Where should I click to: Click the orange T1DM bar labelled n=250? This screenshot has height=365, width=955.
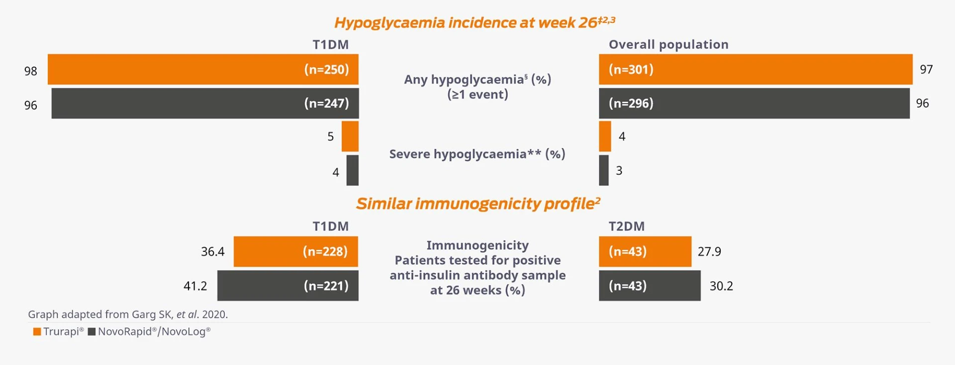203,69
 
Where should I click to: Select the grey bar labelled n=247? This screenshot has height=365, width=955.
205,103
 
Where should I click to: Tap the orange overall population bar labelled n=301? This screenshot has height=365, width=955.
756,69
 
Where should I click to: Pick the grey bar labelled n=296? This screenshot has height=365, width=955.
754,103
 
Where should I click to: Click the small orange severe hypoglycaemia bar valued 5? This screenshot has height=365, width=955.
350,137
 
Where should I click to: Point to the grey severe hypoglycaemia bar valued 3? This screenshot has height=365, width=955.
604,170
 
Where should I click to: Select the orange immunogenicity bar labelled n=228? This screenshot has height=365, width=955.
296,252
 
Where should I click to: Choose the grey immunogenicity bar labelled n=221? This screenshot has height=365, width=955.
288,286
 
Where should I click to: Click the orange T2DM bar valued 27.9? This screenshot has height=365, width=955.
645,252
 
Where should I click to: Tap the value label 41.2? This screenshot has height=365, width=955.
195,286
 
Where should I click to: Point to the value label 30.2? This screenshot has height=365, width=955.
721,286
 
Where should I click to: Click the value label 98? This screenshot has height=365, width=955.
31,71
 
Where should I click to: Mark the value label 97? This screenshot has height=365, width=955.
926,70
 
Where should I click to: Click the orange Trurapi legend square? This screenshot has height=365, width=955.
37,332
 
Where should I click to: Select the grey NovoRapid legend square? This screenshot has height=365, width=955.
92,332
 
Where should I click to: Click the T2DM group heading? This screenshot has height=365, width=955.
627,226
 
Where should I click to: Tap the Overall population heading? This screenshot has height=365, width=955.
668,45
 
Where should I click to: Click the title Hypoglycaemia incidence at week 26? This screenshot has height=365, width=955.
475,23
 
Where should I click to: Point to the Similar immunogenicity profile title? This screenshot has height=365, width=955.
478,204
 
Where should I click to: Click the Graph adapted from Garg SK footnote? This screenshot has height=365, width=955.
128,314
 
